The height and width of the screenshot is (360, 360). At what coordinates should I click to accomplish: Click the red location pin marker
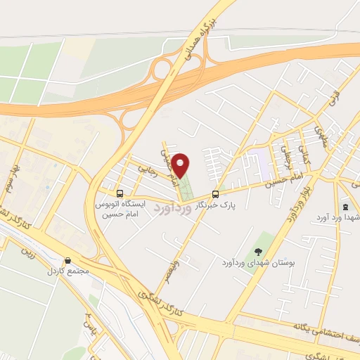[182, 165]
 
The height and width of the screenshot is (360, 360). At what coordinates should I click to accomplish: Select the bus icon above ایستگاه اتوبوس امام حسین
[120, 193]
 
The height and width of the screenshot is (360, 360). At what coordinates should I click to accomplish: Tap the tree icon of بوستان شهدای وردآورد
[259, 251]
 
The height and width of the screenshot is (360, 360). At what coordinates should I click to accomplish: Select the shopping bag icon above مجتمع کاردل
[67, 259]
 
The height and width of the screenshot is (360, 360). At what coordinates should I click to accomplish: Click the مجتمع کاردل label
[66, 271]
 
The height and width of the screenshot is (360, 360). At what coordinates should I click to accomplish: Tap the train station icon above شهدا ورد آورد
[345, 207]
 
